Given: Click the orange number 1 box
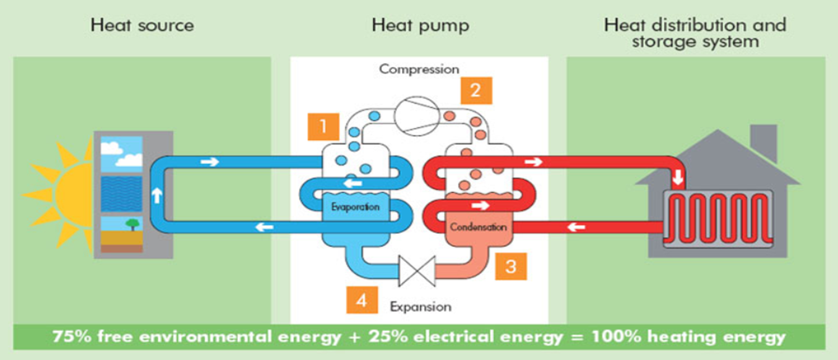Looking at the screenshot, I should (x=323, y=127).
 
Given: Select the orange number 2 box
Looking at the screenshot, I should (x=476, y=90).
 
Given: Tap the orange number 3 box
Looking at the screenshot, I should (x=510, y=267).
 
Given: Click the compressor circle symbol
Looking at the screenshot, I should (x=418, y=113).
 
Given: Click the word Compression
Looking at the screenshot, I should (x=419, y=69).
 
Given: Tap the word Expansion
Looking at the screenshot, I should (x=421, y=306).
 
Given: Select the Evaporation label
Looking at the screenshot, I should (x=354, y=207).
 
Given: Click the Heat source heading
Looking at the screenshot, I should (x=142, y=25).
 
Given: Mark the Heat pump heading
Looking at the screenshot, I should (x=421, y=25).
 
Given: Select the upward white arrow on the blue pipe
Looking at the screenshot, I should (x=157, y=195).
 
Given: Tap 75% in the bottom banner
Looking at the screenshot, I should (x=72, y=338).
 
